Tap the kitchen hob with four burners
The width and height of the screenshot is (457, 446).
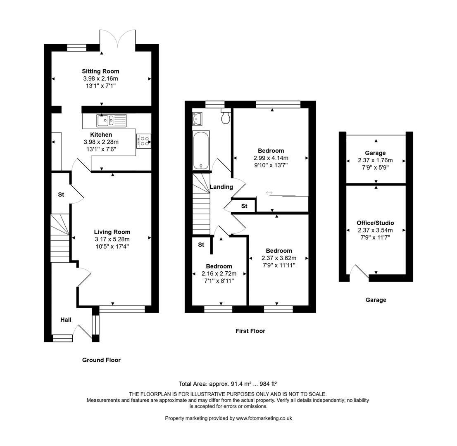point(144,141)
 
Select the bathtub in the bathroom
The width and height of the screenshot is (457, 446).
point(201,150)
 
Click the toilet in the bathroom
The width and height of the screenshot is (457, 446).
point(226,117)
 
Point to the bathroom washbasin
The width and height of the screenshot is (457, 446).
point(198,118)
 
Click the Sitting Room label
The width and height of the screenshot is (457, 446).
point(100,71)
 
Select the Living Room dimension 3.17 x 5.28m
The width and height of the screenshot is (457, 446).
point(112,239)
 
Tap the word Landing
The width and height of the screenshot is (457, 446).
point(221,187)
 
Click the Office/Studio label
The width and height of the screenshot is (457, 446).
point(375,223)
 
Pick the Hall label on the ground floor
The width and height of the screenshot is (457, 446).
point(66,320)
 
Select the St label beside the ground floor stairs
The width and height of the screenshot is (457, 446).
point(61,195)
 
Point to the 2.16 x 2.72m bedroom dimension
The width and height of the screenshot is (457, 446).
point(219,273)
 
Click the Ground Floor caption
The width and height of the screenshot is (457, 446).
point(101,360)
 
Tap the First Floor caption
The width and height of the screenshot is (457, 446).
point(250,331)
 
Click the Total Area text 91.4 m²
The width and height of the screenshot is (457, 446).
point(231,384)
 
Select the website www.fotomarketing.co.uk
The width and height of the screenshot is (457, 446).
point(264,418)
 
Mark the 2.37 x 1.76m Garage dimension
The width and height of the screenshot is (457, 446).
point(375,160)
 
